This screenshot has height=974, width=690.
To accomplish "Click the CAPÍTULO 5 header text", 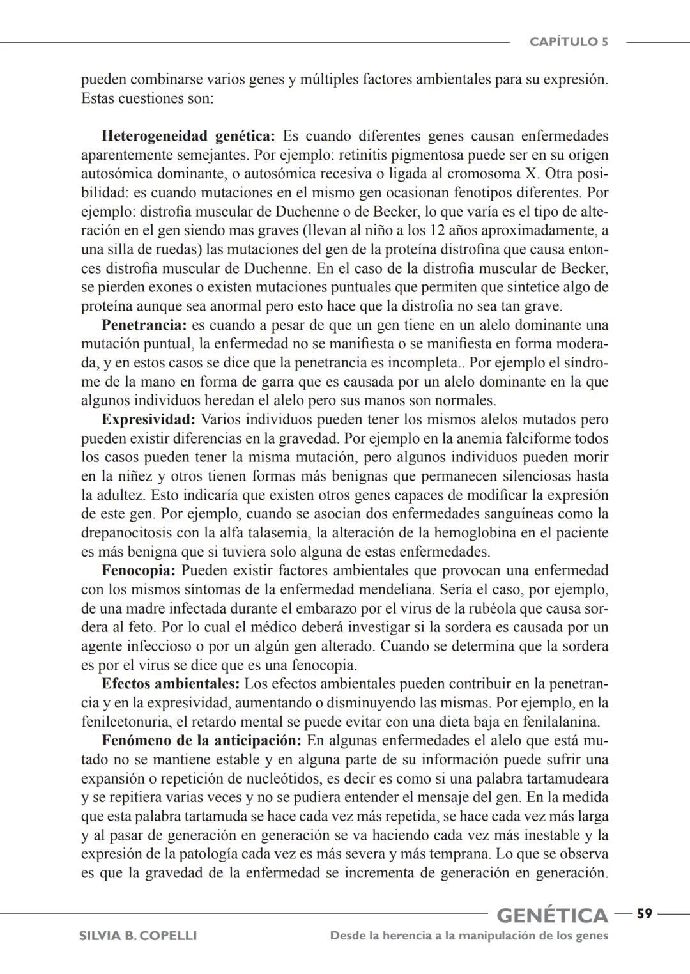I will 568,42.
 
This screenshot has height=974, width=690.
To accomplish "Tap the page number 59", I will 644,914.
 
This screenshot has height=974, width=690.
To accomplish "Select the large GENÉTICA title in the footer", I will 552,915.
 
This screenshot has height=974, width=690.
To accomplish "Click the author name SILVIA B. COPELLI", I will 137,936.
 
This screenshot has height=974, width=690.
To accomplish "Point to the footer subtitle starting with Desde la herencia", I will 469,936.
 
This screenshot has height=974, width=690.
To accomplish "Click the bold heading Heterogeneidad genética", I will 188,136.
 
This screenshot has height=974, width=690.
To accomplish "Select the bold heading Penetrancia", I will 144,325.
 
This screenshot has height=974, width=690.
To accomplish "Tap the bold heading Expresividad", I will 148,420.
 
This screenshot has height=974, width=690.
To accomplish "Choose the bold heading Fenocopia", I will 138,571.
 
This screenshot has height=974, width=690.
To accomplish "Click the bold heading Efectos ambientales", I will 171,684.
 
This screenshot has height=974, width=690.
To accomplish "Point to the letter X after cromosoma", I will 533,174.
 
